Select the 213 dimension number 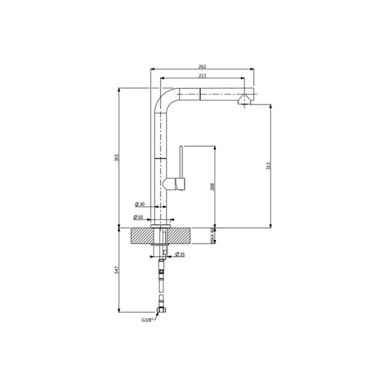pyautogui.click(x=202, y=76)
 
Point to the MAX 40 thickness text pyautogui.click(x=213, y=235)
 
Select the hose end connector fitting pyautogui.click(x=161, y=311)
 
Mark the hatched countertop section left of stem pyautogui.click(x=143, y=235)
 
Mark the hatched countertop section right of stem pyautogui.click(x=181, y=235)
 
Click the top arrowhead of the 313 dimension pyautogui.click(x=268, y=104)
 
